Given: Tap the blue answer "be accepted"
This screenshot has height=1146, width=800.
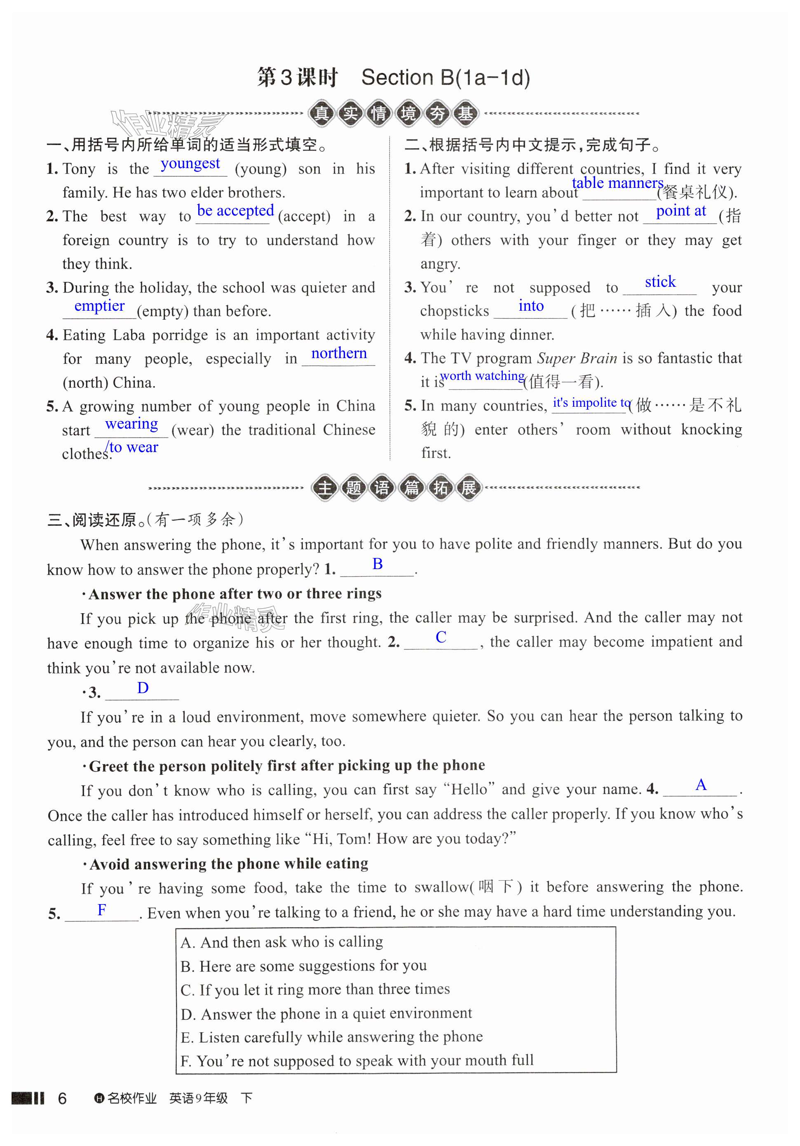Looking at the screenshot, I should click(x=235, y=211).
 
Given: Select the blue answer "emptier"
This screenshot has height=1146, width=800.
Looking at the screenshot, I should click(x=99, y=305).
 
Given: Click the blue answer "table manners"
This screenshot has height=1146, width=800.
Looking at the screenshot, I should click(x=617, y=183).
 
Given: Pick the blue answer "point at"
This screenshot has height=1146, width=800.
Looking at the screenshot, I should click(x=680, y=211).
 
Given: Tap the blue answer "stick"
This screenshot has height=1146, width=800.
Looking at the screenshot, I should click(x=660, y=282).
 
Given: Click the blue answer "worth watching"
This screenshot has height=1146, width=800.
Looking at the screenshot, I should click(x=482, y=376).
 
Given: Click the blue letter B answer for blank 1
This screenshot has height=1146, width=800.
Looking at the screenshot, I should click(x=378, y=564).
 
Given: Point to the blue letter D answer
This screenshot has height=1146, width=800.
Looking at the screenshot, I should click(x=143, y=688).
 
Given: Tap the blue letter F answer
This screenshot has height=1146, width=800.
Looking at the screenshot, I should click(x=101, y=910).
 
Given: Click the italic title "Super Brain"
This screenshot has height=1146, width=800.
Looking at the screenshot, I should click(x=577, y=359).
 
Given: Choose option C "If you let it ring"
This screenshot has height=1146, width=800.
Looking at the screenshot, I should click(x=315, y=990).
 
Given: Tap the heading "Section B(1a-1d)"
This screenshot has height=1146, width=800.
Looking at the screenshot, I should click(x=446, y=78).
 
